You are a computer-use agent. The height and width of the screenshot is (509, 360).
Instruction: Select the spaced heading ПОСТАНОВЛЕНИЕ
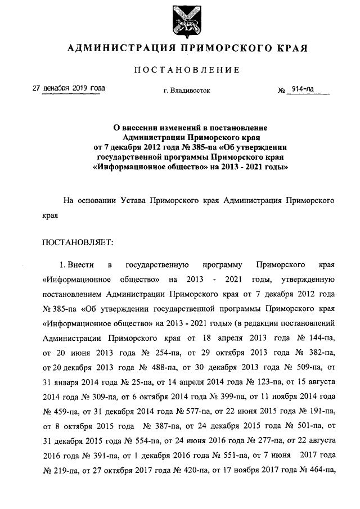pyautogui.click(x=179, y=70)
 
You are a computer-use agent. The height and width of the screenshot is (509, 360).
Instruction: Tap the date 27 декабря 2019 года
pyautogui.click(x=69, y=89)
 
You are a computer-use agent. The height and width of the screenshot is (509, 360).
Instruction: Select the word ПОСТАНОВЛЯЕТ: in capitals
pyautogui.click(x=78, y=242)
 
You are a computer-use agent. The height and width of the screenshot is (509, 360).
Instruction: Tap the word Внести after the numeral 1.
pyautogui.click(x=82, y=264)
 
